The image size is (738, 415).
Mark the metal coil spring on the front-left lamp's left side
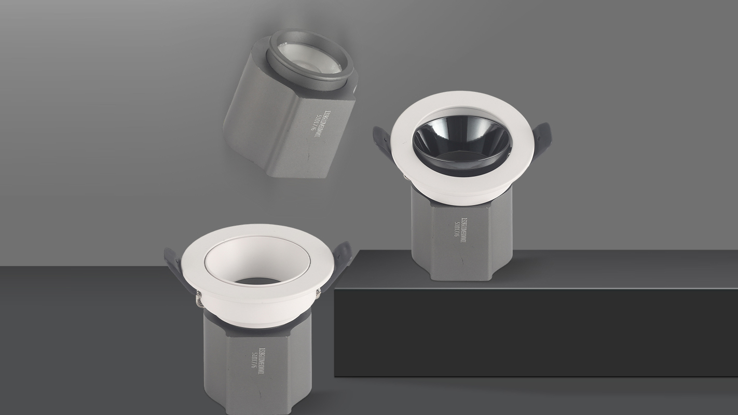200,299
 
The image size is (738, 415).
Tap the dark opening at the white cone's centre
258,282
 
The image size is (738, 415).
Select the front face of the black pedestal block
535,332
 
